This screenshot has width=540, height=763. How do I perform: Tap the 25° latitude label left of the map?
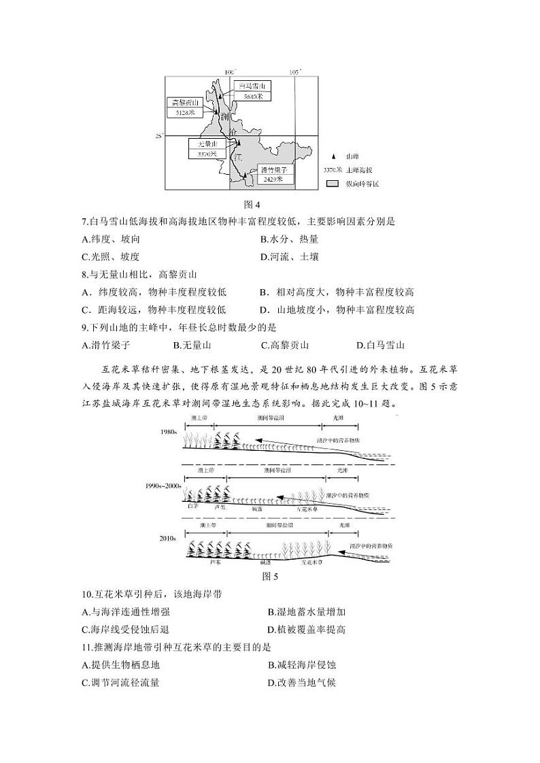pos(160,137)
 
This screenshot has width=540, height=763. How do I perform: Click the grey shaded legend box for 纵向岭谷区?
pos(332,184)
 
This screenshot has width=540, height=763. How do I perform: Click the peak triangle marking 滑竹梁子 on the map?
pos(244,175)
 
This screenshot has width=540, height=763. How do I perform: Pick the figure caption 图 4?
pos(252,204)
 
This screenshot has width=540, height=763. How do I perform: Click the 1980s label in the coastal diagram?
pos(169,432)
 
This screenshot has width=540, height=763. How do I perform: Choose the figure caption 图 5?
pos(271,577)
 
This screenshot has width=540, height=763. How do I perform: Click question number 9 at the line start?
pos(84,328)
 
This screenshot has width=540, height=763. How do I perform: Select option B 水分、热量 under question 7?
pos(289,239)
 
